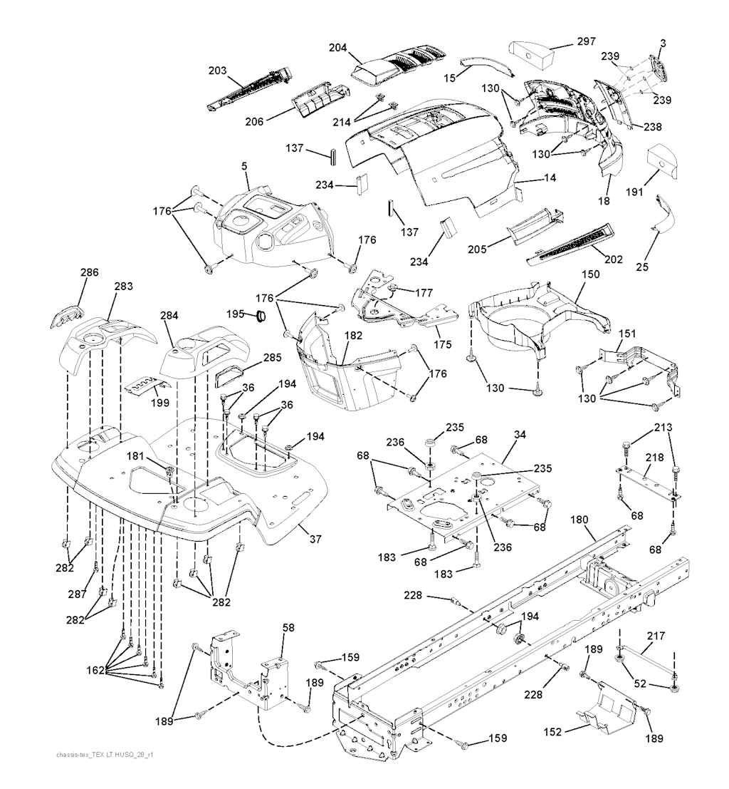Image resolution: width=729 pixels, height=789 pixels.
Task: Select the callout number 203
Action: click(217, 71)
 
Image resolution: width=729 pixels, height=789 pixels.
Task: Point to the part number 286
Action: click(90, 272)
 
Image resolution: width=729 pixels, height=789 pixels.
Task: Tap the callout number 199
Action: click(161, 403)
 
